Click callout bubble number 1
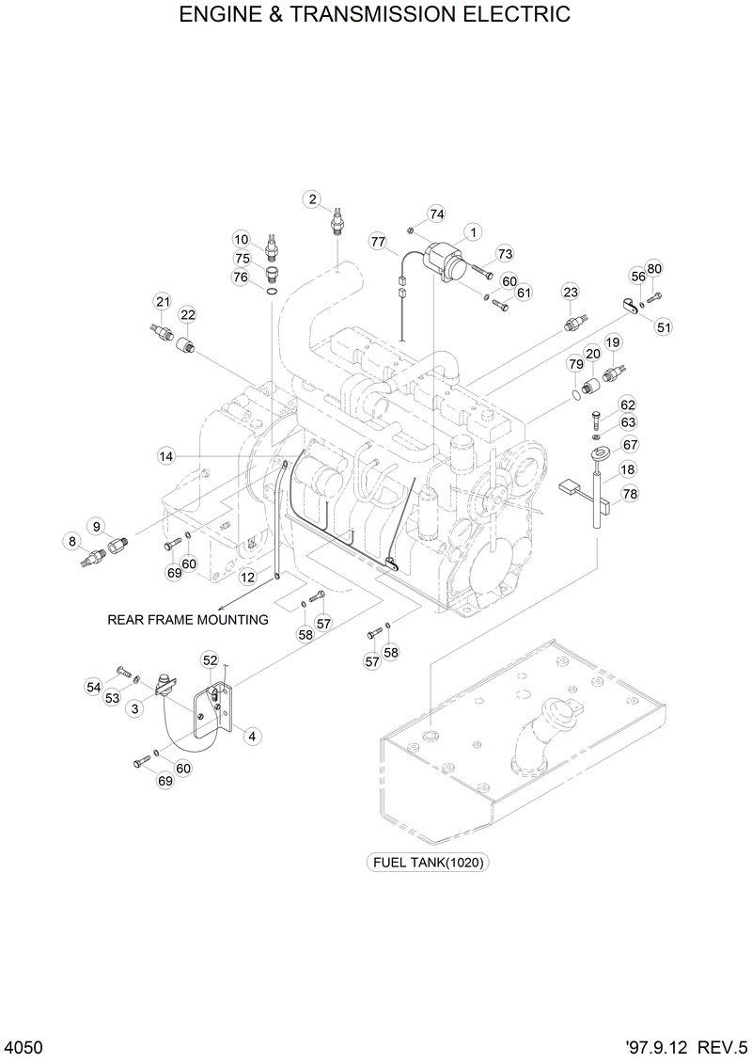(472, 231)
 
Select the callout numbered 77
(378, 242)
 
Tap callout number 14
(166, 456)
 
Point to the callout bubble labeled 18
(627, 469)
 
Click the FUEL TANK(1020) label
(430, 862)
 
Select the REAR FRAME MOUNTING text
(188, 620)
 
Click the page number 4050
(23, 1046)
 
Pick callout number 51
(665, 327)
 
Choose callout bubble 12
(247, 577)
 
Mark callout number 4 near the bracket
(252, 737)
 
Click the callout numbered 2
(312, 198)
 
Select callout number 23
(571, 293)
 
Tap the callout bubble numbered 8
(71, 541)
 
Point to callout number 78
(630, 493)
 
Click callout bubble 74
(436, 214)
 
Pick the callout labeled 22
(188, 314)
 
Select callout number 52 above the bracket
(210, 661)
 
